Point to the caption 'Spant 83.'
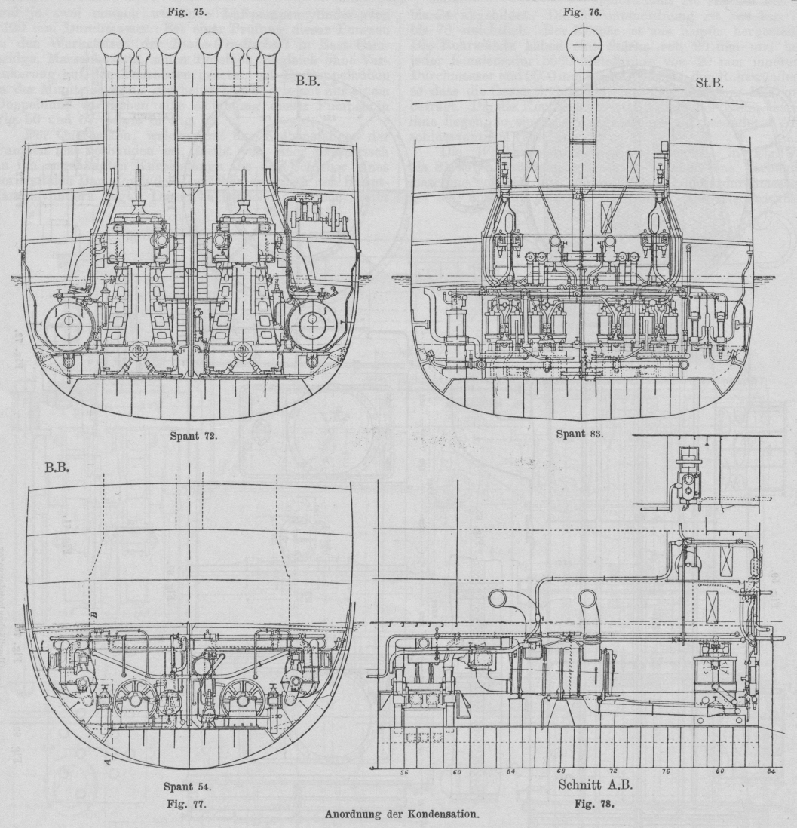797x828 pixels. pos(577,434)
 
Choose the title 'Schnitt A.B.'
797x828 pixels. pos(595,785)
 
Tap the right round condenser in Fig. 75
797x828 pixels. pos(313,325)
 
